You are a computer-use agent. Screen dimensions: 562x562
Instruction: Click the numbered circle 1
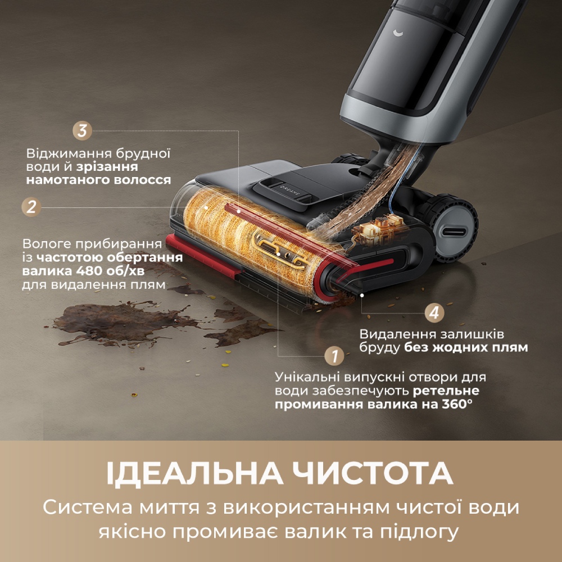334,356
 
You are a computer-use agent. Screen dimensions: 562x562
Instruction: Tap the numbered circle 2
31,206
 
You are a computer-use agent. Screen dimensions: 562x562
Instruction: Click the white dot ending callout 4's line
362,294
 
